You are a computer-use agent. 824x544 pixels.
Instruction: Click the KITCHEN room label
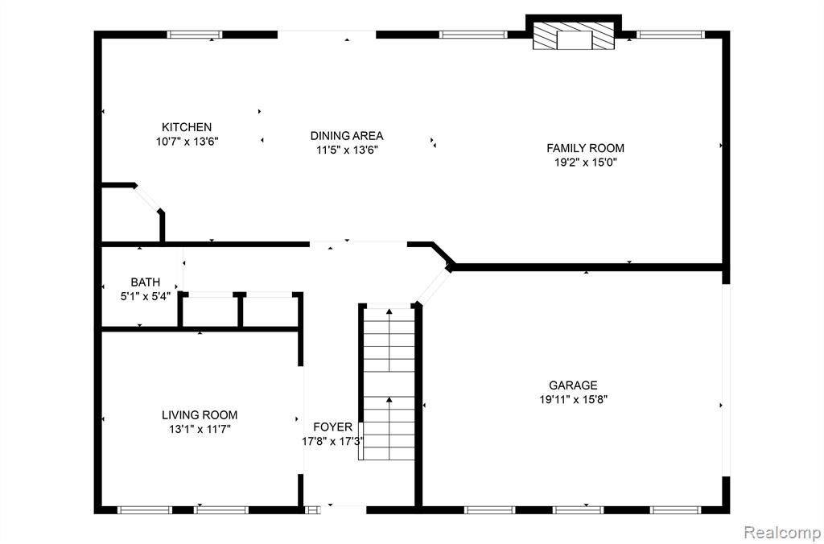coord(187,127)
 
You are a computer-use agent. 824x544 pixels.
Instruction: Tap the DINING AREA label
coord(346,136)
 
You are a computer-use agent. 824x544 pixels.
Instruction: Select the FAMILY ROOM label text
coord(585,148)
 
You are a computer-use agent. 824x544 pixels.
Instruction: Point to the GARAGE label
coord(573,385)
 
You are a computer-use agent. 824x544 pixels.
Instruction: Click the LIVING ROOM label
coord(200,414)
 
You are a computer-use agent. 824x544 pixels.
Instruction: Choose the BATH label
coord(146,282)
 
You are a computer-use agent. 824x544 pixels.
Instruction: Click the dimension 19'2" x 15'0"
coord(585,163)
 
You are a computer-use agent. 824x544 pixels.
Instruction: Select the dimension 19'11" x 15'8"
coord(573,399)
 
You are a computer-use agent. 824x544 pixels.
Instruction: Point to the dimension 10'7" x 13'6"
coord(187,142)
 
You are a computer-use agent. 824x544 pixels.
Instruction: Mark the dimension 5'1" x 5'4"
coord(146,296)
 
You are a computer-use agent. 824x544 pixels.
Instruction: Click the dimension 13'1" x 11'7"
coord(200,429)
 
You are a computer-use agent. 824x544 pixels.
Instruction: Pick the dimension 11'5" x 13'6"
coord(346,150)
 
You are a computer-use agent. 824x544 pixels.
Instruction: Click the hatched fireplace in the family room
coord(573,35)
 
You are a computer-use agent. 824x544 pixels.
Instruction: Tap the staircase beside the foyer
coord(389,382)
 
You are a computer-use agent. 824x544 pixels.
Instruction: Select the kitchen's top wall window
coord(195,35)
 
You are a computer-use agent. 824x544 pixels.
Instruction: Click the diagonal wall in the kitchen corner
coord(147,199)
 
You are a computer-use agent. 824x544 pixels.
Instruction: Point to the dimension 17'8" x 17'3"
coord(333,442)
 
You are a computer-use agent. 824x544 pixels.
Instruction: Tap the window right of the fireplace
coord(670,35)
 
